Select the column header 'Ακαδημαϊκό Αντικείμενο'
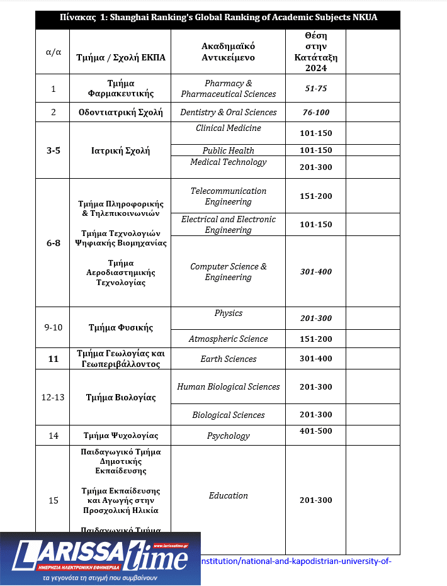[x=228, y=52]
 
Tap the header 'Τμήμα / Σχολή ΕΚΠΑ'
[x=120, y=57]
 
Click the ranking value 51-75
[x=315, y=89]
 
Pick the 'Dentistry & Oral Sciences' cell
[x=228, y=113]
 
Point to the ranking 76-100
[x=315, y=113]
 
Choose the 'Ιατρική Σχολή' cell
[x=120, y=150]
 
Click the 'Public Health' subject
[x=228, y=150]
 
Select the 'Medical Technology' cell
[x=228, y=162]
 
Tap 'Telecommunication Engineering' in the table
[x=228, y=196]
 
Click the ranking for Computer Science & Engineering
[x=315, y=272]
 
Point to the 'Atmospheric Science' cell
[x=228, y=339]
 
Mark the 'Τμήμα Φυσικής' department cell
[x=120, y=327]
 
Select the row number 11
[x=54, y=359]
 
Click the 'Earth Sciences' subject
[x=228, y=359]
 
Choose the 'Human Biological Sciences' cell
[x=228, y=387]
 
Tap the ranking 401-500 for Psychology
[x=315, y=432]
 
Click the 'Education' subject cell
[x=228, y=496]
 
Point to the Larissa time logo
[x=101, y=557]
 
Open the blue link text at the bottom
[x=296, y=561]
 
